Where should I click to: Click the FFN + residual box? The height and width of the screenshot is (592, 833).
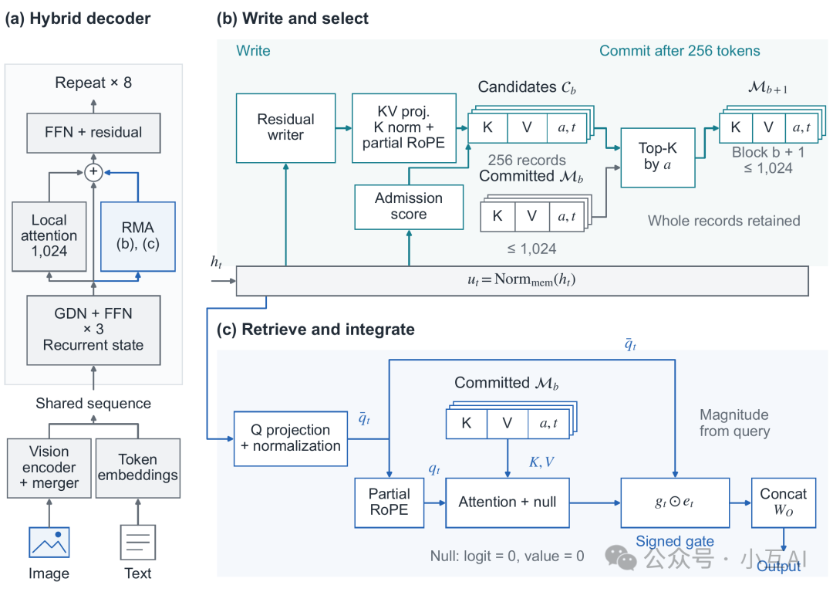point(93,132)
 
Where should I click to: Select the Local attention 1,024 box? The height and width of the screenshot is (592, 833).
point(49,236)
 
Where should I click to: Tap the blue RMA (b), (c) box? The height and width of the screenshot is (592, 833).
point(137,236)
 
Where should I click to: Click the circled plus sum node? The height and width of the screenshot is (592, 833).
point(93,171)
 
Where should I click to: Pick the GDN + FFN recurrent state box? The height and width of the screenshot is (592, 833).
point(93,330)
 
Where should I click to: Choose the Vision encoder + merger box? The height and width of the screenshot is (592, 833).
point(49,468)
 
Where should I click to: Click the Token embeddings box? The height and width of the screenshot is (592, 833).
point(137,468)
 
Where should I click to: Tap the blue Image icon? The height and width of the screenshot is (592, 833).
point(49,542)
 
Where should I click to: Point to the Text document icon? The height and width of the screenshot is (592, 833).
point(138,542)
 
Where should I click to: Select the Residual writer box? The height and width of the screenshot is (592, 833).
point(286,127)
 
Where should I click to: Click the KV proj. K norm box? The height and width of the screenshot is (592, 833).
point(403,127)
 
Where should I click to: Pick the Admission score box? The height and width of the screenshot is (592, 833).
point(409,207)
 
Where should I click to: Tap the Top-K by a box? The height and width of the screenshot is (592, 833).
point(658,157)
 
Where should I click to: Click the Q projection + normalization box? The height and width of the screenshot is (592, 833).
point(291,438)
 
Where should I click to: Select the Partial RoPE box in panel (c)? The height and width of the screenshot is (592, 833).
point(390,502)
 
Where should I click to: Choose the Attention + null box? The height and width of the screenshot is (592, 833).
point(508,502)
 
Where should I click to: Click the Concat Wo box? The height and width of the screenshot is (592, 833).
point(784,502)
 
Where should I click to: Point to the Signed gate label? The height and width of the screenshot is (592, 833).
point(675,541)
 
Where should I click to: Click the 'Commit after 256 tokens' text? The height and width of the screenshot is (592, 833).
point(680,50)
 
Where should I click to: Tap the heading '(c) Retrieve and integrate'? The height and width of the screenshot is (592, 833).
point(315,330)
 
